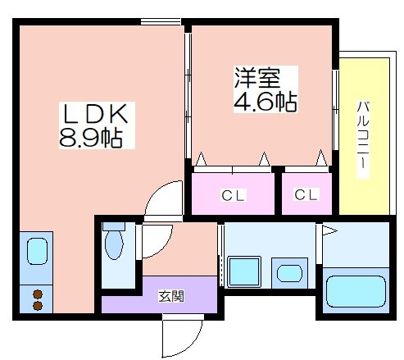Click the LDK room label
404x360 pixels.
(x=96, y=113)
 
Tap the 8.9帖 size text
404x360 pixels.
(x=91, y=138)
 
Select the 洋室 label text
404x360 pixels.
(x=257, y=78)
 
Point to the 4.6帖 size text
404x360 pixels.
(x=266, y=102)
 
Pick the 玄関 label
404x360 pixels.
(x=171, y=296)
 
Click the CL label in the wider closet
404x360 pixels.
(x=233, y=195)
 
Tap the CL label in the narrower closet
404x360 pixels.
(x=306, y=194)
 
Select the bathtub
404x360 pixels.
(x=356, y=292)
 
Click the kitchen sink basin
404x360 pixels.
(x=37, y=251)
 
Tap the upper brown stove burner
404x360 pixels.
(x=38, y=294)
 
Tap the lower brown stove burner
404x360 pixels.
(x=38, y=306)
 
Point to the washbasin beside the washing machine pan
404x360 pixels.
(x=289, y=274)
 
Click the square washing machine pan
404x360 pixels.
(x=244, y=271)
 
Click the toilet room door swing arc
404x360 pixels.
(x=163, y=248)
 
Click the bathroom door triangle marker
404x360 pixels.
(x=329, y=230)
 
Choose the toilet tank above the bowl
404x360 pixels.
(x=114, y=226)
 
